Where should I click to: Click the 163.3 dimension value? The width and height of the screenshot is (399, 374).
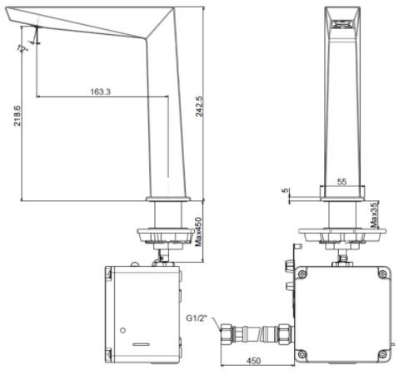[100, 91]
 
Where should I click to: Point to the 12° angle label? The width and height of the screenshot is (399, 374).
[22, 49]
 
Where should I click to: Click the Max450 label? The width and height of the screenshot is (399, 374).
[198, 233]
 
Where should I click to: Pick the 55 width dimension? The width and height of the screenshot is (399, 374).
[342, 180]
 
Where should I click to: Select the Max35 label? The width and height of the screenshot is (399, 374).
[375, 214]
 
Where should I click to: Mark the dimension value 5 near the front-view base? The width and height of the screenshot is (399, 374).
[287, 191]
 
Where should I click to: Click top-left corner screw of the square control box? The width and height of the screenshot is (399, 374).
[303, 273]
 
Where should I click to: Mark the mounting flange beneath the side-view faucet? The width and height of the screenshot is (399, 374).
[164, 235]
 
